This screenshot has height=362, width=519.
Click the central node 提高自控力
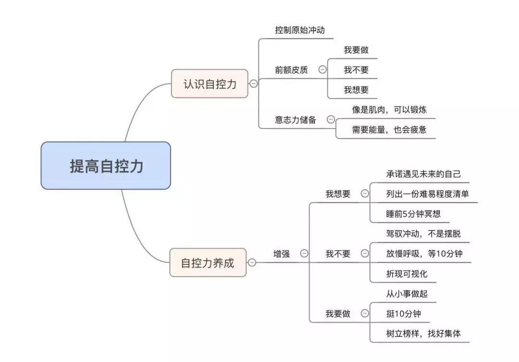(x=106, y=166)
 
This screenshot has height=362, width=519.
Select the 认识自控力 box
(x=210, y=84)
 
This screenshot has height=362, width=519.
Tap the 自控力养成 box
(x=208, y=262)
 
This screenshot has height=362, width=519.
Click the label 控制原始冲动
(x=300, y=30)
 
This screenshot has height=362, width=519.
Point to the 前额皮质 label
(x=291, y=70)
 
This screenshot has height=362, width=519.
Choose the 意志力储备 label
(x=296, y=120)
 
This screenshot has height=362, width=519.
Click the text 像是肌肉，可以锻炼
(x=389, y=110)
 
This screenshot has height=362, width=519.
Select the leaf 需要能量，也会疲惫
(x=389, y=129)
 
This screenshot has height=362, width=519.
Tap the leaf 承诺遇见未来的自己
(x=423, y=174)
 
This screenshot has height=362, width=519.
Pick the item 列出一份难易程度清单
(x=428, y=194)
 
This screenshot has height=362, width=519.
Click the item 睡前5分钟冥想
(x=413, y=214)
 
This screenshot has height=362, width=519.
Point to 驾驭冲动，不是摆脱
(x=423, y=233)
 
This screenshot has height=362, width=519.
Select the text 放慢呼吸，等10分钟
(x=424, y=254)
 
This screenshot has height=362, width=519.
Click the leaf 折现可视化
(x=407, y=274)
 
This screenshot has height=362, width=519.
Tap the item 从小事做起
(x=407, y=294)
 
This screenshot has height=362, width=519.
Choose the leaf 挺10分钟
(x=404, y=313)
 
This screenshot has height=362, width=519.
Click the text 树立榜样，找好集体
(x=423, y=334)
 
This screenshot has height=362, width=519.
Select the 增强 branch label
(x=282, y=254)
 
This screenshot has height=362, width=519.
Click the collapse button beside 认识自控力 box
(x=254, y=84)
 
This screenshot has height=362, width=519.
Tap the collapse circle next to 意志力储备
(x=331, y=119)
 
